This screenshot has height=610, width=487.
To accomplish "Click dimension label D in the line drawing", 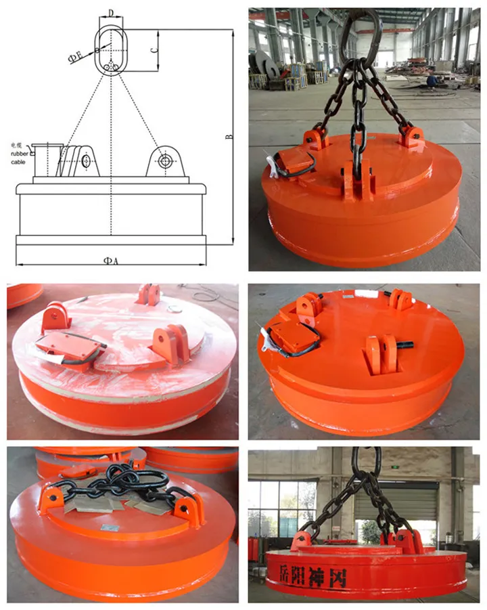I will coord(110,12).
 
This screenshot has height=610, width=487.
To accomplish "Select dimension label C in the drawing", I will coord(154,49).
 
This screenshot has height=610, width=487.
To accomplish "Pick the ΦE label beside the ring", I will coord(75,58).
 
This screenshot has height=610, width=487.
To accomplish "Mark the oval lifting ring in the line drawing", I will coord(110,47).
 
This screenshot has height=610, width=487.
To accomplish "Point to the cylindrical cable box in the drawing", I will coord(45,158).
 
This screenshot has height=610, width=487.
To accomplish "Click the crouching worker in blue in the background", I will coord(432,81).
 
